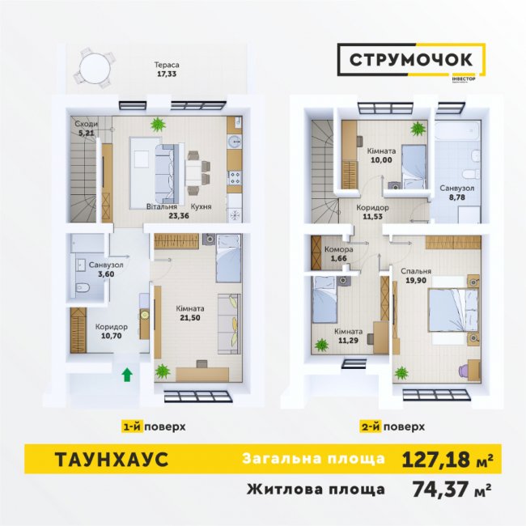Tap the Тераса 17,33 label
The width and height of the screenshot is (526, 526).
click(x=168, y=69)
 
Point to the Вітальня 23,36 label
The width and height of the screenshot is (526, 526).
click(x=162, y=211)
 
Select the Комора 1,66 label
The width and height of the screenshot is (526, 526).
click(x=337, y=254)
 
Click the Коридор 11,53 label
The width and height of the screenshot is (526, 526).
click(x=372, y=212)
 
